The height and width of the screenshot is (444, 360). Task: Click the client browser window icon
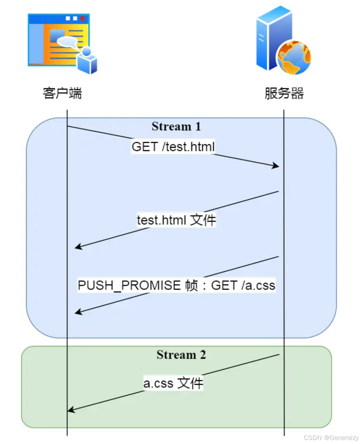pyautogui.click(x=58, y=40)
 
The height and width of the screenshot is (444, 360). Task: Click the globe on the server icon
pyautogui.click(x=294, y=57)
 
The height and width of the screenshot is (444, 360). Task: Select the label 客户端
pyautogui.click(x=62, y=93)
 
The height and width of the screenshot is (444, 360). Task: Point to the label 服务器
pyautogui.click(x=284, y=93)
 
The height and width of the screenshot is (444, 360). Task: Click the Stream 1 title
pyautogui.click(x=176, y=126)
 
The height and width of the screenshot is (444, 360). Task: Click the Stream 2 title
pyautogui.click(x=181, y=354)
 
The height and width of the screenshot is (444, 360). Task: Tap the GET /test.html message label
pyautogui.click(x=173, y=147)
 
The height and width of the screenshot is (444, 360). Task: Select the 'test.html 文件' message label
pyautogui.click(x=176, y=220)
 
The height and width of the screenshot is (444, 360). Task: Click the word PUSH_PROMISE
pyautogui.click(x=129, y=286)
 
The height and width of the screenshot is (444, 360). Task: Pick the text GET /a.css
pyautogui.click(x=243, y=286)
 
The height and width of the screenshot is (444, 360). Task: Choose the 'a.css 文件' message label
pyautogui.click(x=173, y=383)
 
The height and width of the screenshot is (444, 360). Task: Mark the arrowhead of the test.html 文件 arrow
pyautogui.click(x=78, y=247)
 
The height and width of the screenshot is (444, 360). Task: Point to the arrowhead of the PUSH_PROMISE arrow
pyautogui.click(x=78, y=312)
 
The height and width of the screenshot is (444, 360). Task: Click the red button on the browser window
pyautogui.click(x=83, y=18)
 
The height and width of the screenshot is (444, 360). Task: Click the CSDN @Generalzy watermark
pyautogui.click(x=331, y=438)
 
